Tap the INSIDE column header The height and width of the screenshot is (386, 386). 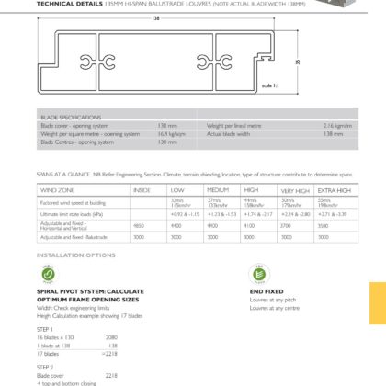click(142, 190)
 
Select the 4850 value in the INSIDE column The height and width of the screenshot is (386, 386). click(139, 225)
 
